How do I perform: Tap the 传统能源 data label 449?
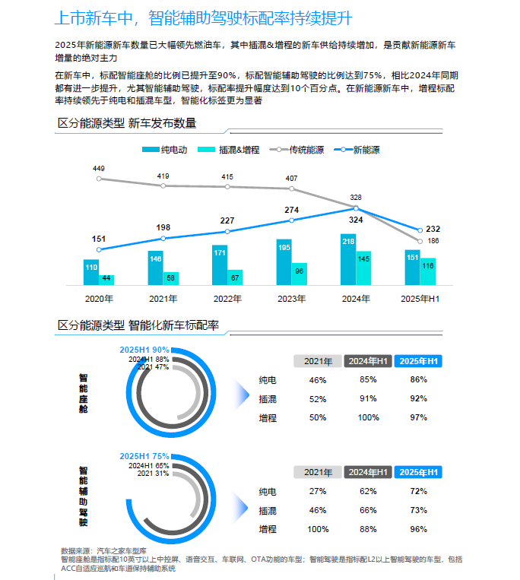click(x=99, y=167)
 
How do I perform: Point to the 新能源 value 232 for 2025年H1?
click(x=433, y=229)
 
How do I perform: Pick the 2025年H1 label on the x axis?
click(x=420, y=299)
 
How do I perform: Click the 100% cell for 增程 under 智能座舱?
click(x=368, y=417)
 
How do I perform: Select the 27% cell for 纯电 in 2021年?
click(x=318, y=491)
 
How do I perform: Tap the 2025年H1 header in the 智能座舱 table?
click(x=420, y=361)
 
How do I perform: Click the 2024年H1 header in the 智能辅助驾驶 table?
click(x=368, y=472)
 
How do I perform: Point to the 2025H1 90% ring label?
click(x=144, y=350)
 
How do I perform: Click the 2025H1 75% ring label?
click(x=144, y=456)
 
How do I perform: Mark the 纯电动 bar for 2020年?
click(x=91, y=271)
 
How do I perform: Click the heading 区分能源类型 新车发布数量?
click(x=127, y=123)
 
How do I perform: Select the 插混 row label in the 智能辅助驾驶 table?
click(x=268, y=510)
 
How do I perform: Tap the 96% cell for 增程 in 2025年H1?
click(x=420, y=529)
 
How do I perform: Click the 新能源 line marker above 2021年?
click(x=163, y=238)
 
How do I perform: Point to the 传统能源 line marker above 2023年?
click(x=292, y=189)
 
